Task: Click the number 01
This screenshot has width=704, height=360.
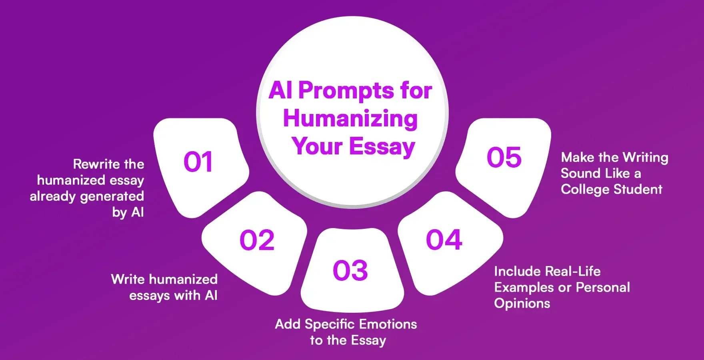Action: tap(198, 162)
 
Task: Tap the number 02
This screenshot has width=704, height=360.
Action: tap(257, 240)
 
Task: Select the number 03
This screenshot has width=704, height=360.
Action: tap(350, 270)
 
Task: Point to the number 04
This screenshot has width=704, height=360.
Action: tap(444, 240)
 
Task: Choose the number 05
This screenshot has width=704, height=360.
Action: tap(504, 157)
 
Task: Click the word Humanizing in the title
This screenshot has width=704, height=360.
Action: tap(350, 119)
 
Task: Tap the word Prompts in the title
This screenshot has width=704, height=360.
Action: tap(346, 90)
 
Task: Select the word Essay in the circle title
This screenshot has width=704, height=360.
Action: tap(382, 147)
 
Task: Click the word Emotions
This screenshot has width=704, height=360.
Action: tap(388, 324)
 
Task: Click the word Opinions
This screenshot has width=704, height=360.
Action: tap(522, 303)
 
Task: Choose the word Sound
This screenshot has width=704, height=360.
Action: tap(575, 173)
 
